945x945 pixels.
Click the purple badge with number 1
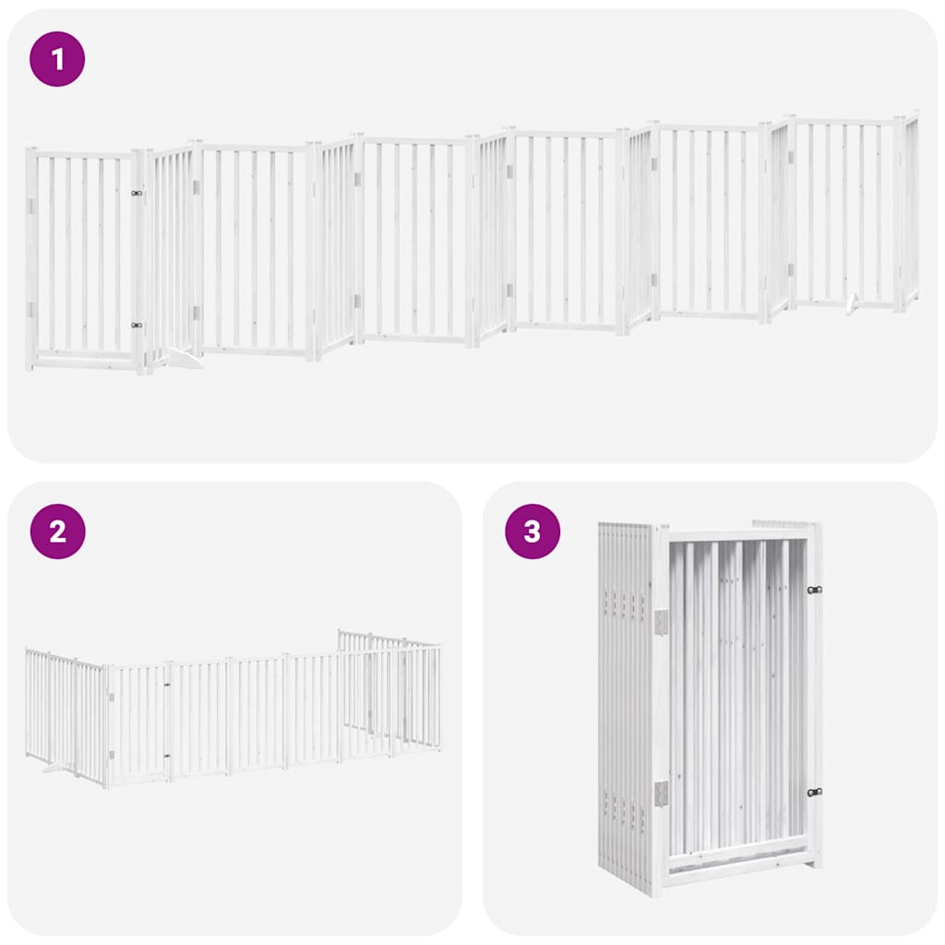point(57,59)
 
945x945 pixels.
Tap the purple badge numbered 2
point(57,532)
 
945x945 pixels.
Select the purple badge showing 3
point(532,532)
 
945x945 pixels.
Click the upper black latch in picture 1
point(137,193)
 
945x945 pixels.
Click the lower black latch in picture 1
point(137,325)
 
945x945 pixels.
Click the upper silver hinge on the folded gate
point(661,621)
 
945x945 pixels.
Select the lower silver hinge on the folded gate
point(661,793)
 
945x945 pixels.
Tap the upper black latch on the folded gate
point(814,590)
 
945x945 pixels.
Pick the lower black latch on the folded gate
point(814,792)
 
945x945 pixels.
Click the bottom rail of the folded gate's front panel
point(738,866)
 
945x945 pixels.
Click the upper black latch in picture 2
point(167,685)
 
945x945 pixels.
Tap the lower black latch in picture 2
point(167,756)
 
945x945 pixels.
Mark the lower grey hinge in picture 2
point(110,758)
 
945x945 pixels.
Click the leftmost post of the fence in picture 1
point(30,258)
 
